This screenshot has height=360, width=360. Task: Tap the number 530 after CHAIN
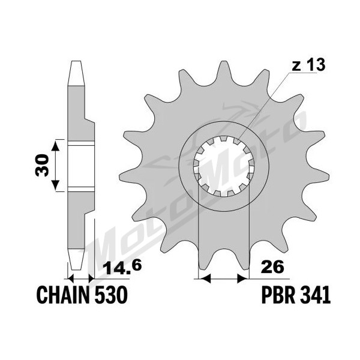point(111,295)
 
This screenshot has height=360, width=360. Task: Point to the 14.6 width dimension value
point(122,269)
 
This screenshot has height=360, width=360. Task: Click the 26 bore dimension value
point(272,267)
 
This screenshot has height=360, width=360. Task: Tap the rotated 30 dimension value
point(43,165)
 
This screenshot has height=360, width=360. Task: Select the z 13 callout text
point(308,65)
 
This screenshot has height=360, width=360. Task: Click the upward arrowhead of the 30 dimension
point(55,146)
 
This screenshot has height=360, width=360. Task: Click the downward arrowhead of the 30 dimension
point(55,186)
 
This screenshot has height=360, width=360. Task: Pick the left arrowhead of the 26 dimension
point(205,279)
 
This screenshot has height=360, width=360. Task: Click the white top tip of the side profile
point(76,73)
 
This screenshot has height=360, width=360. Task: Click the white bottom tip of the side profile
point(76,259)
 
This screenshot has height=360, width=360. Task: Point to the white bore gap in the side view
point(81,166)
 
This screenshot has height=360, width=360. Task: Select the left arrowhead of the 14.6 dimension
point(70,279)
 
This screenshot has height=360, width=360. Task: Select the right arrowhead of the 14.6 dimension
point(91,279)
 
